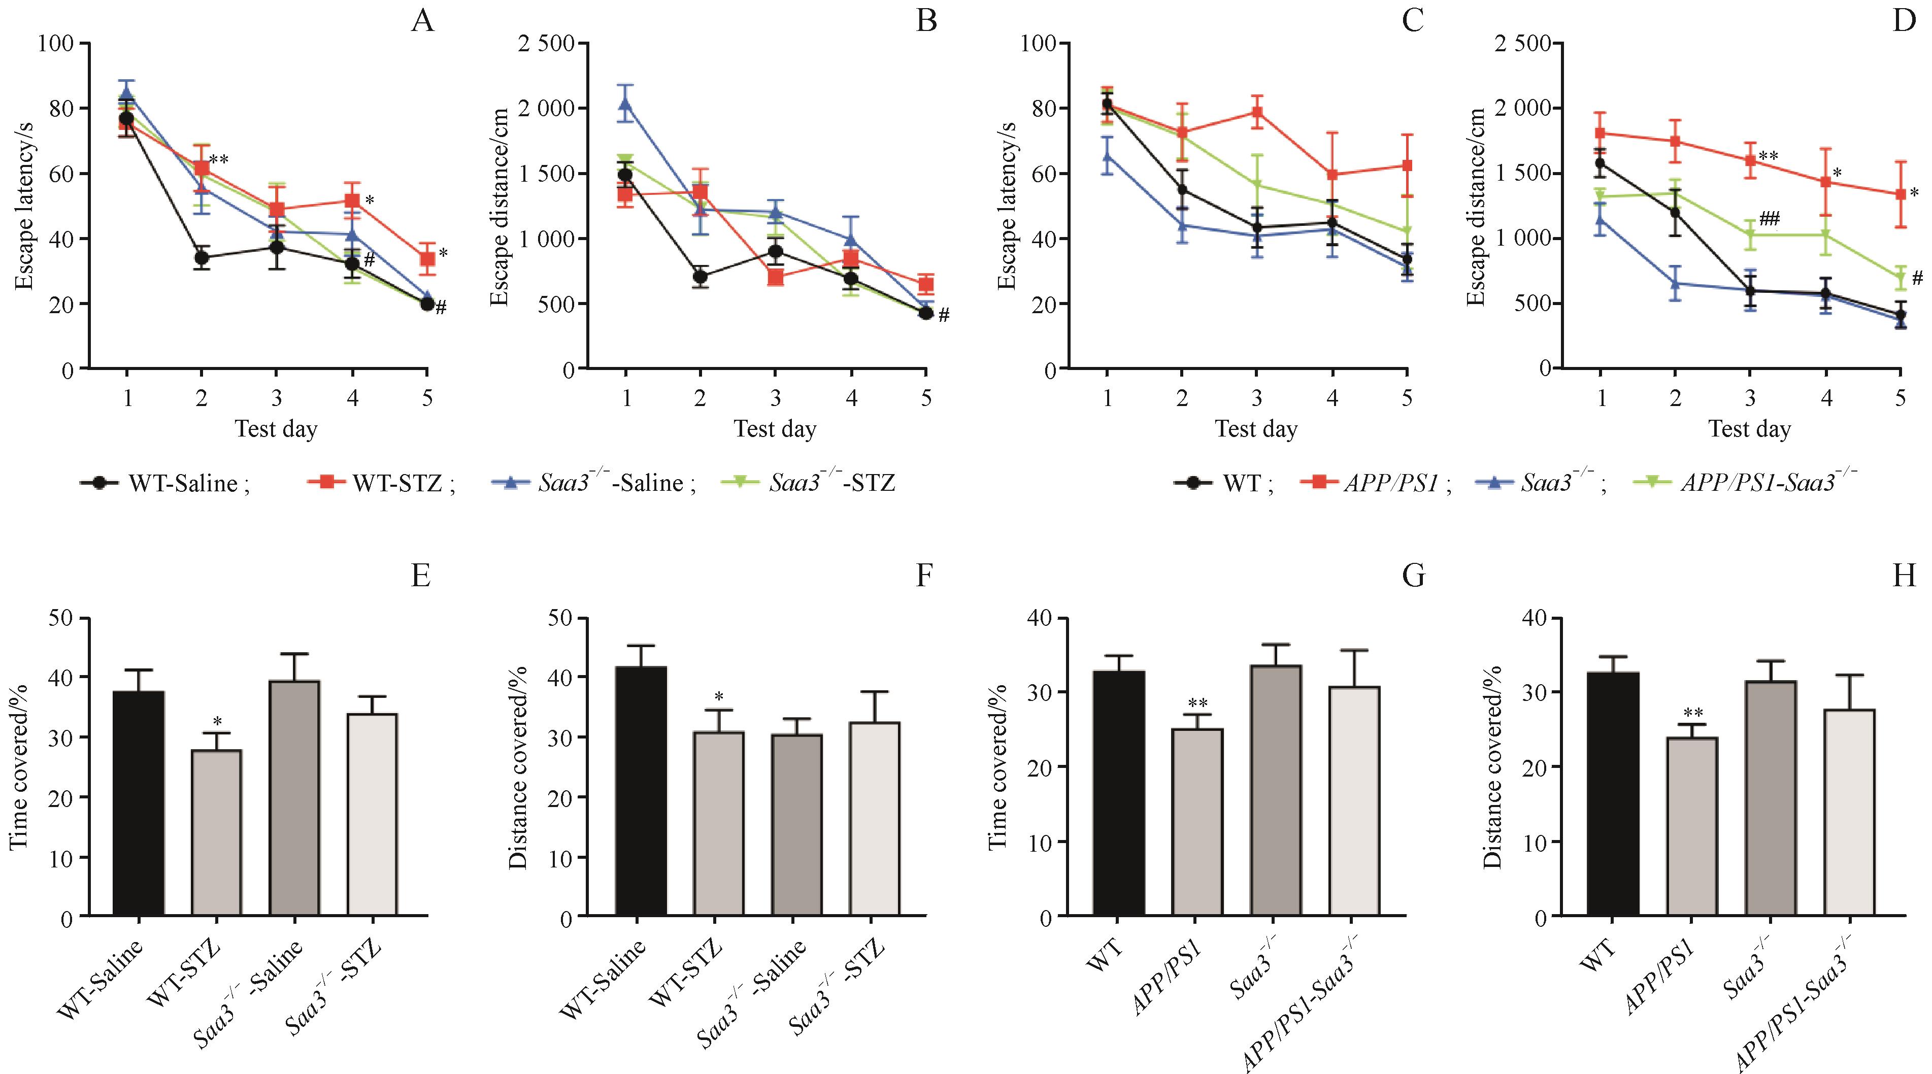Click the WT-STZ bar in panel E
[x=216, y=832]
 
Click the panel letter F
[x=924, y=576]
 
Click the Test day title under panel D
[x=1749, y=429]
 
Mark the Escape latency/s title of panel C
[x=1007, y=205]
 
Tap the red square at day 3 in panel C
[x=1257, y=113]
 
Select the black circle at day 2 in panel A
[x=201, y=257]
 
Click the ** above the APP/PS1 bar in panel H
[x=1693, y=713]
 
